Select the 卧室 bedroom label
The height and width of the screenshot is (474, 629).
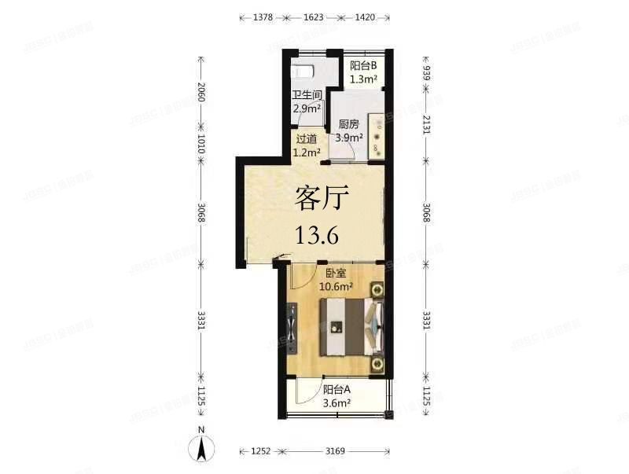click(337, 274)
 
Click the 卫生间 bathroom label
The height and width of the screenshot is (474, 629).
click(307, 95)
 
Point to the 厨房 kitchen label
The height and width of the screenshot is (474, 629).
click(349, 124)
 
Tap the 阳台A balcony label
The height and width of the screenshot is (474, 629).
click(337, 391)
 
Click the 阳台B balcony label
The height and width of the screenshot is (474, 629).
click(363, 67)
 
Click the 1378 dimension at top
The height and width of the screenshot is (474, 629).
click(263, 17)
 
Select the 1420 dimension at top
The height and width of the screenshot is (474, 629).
click(364, 17)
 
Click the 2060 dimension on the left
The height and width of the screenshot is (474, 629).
click(201, 94)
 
